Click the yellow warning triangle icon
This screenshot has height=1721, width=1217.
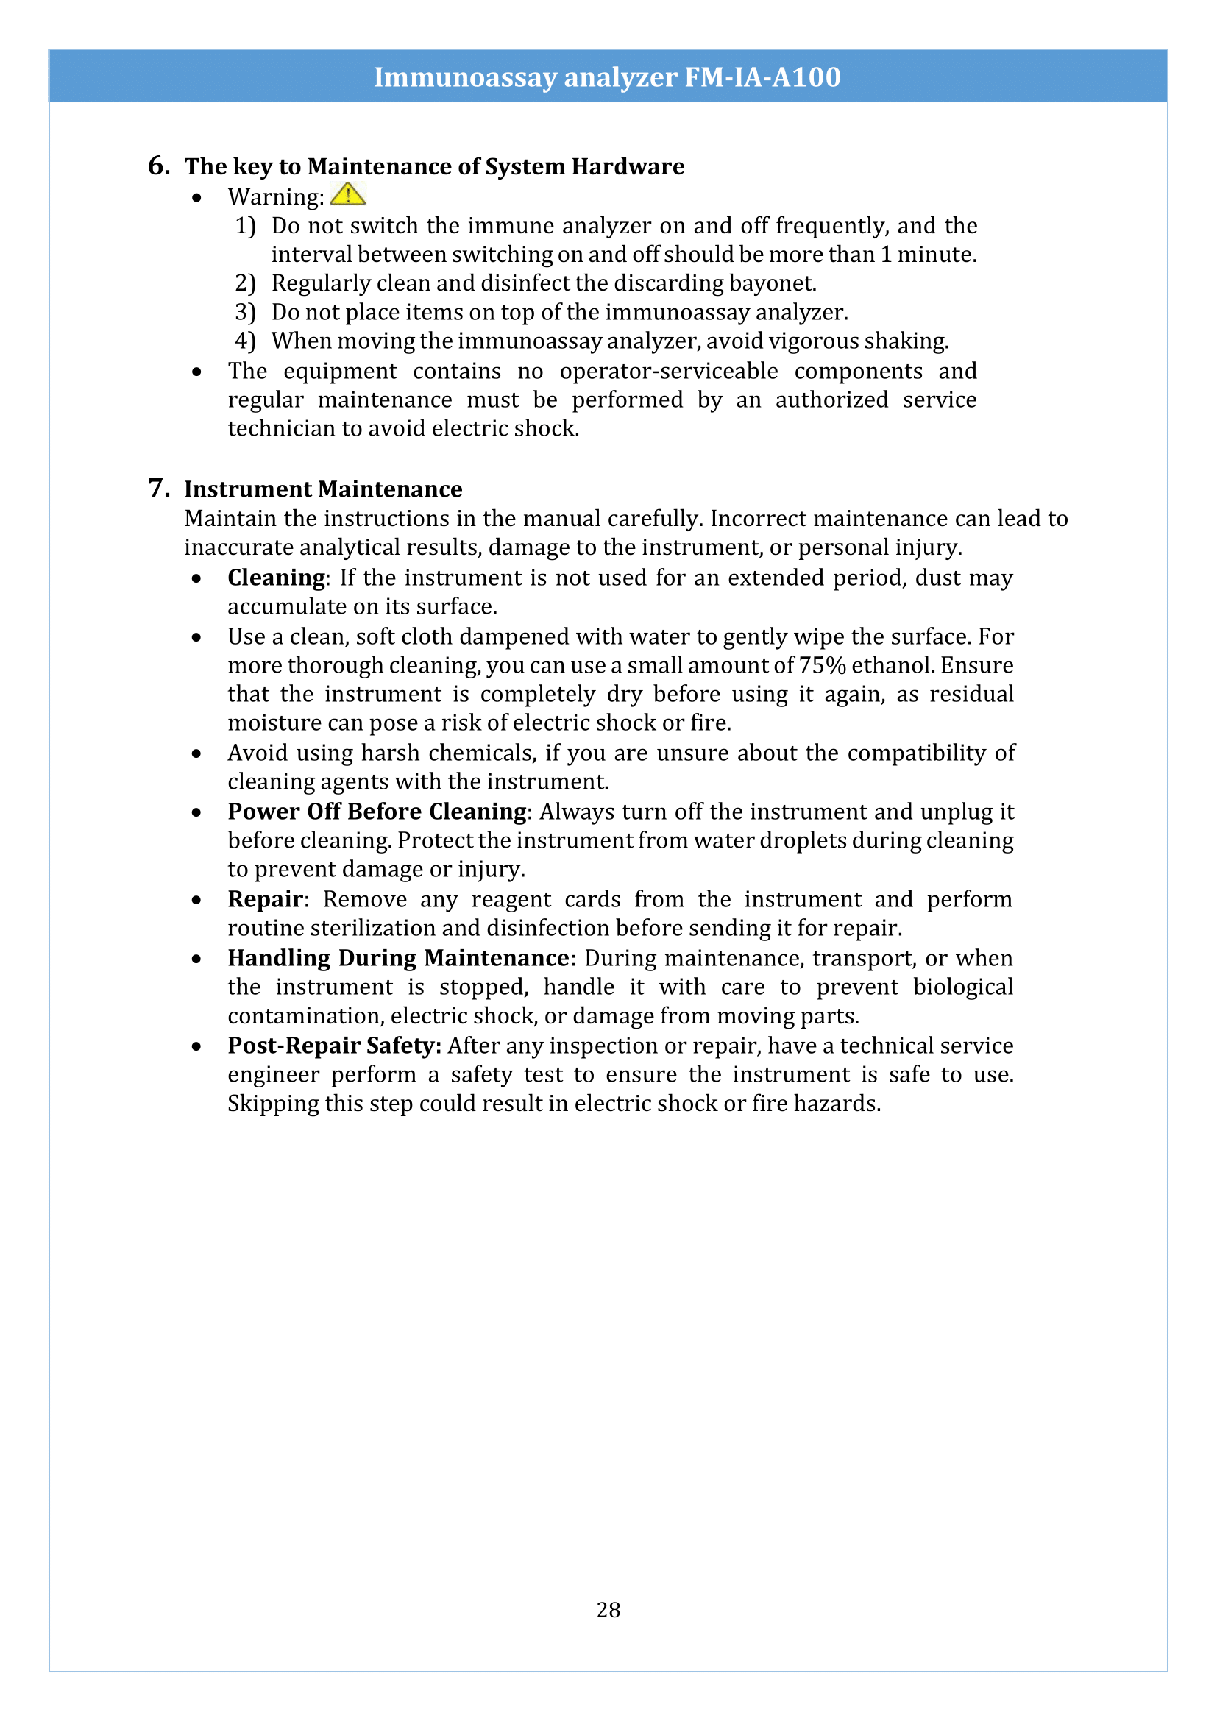point(347,195)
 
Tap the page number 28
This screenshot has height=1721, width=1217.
point(608,1609)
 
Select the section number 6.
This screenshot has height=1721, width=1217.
point(158,165)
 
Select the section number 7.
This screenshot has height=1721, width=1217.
point(158,488)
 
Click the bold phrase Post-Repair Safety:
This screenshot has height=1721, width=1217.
point(334,1045)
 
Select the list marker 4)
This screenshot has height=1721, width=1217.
point(245,341)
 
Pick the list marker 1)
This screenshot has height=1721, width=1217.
point(245,226)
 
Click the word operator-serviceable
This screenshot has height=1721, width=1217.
point(668,371)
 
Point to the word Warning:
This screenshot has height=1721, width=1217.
point(276,196)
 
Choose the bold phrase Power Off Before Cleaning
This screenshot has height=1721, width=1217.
point(377,811)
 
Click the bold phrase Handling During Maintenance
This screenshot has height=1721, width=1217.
point(398,957)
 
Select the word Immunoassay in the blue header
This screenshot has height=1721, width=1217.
point(464,77)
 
